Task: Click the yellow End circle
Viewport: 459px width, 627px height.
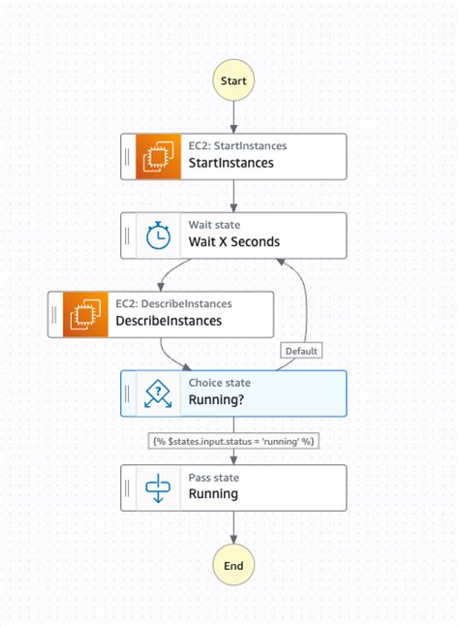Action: pyautogui.click(x=233, y=565)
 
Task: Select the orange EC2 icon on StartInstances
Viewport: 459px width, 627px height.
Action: pyautogui.click(x=157, y=157)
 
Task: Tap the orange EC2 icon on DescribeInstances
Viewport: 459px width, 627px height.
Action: pyautogui.click(x=84, y=314)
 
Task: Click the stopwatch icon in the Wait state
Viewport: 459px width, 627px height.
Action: pyautogui.click(x=157, y=235)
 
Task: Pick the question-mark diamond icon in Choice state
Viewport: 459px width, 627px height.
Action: pyautogui.click(x=157, y=392)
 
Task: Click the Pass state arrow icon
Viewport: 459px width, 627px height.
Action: pyautogui.click(x=157, y=487)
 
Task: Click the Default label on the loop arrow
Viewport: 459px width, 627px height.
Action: pyautogui.click(x=301, y=351)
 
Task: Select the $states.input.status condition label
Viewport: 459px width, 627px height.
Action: pyautogui.click(x=233, y=440)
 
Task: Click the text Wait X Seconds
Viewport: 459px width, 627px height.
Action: pyautogui.click(x=233, y=242)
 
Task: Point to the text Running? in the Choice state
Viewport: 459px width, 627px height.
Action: pyautogui.click(x=220, y=399)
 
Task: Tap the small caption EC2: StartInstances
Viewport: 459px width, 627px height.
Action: pyautogui.click(x=237, y=146)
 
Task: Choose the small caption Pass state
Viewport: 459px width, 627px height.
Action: pyautogui.click(x=214, y=478)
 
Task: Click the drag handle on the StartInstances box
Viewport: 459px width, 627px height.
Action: pyautogui.click(x=128, y=157)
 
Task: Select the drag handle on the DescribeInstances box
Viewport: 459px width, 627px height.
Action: pyautogui.click(x=55, y=314)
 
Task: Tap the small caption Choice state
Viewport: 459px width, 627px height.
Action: pyautogui.click(x=219, y=383)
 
